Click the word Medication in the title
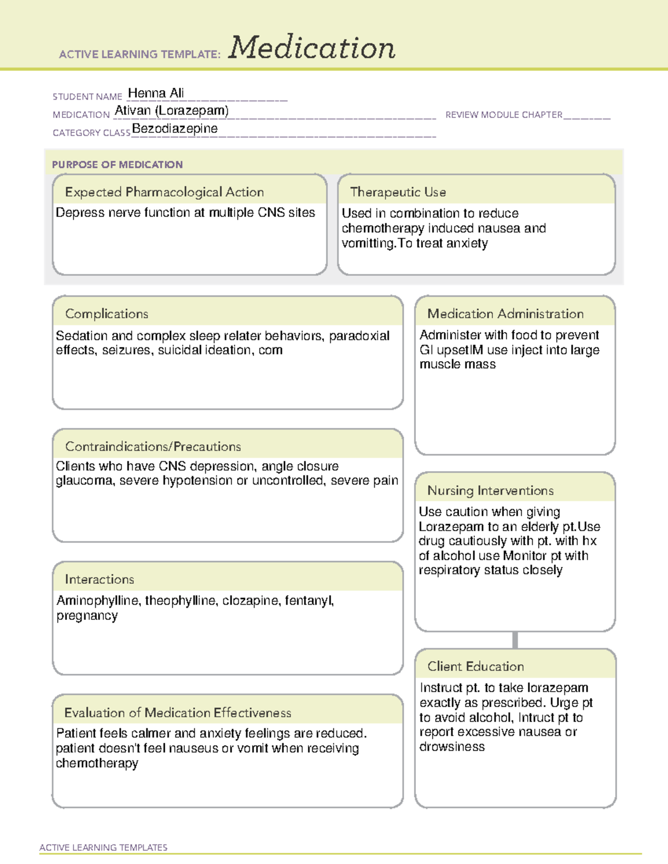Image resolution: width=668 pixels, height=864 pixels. (312, 48)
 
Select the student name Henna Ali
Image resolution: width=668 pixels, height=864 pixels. (156, 93)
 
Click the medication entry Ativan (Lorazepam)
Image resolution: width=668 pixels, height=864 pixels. (171, 111)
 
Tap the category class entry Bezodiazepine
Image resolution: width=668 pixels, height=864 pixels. (175, 129)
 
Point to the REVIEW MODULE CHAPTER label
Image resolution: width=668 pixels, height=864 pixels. (504, 115)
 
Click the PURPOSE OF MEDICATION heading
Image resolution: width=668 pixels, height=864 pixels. (117, 165)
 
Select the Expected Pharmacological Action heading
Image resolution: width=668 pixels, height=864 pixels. (164, 192)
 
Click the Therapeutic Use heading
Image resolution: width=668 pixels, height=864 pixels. (398, 192)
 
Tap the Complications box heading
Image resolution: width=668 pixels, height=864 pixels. (107, 314)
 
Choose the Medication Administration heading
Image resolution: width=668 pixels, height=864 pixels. (505, 314)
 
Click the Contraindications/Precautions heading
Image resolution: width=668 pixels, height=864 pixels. (153, 446)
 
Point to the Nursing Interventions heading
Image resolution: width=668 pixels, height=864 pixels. (490, 491)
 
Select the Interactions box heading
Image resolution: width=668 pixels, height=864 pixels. (100, 579)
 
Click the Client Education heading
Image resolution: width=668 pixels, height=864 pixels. (475, 666)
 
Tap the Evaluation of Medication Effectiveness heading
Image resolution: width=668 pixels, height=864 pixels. (178, 713)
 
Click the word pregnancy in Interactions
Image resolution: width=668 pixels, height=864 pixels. (87, 616)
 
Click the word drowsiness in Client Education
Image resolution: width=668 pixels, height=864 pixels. (452, 747)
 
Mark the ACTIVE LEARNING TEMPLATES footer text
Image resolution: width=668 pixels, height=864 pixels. (104, 847)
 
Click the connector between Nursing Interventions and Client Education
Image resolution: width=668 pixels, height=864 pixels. (515, 640)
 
